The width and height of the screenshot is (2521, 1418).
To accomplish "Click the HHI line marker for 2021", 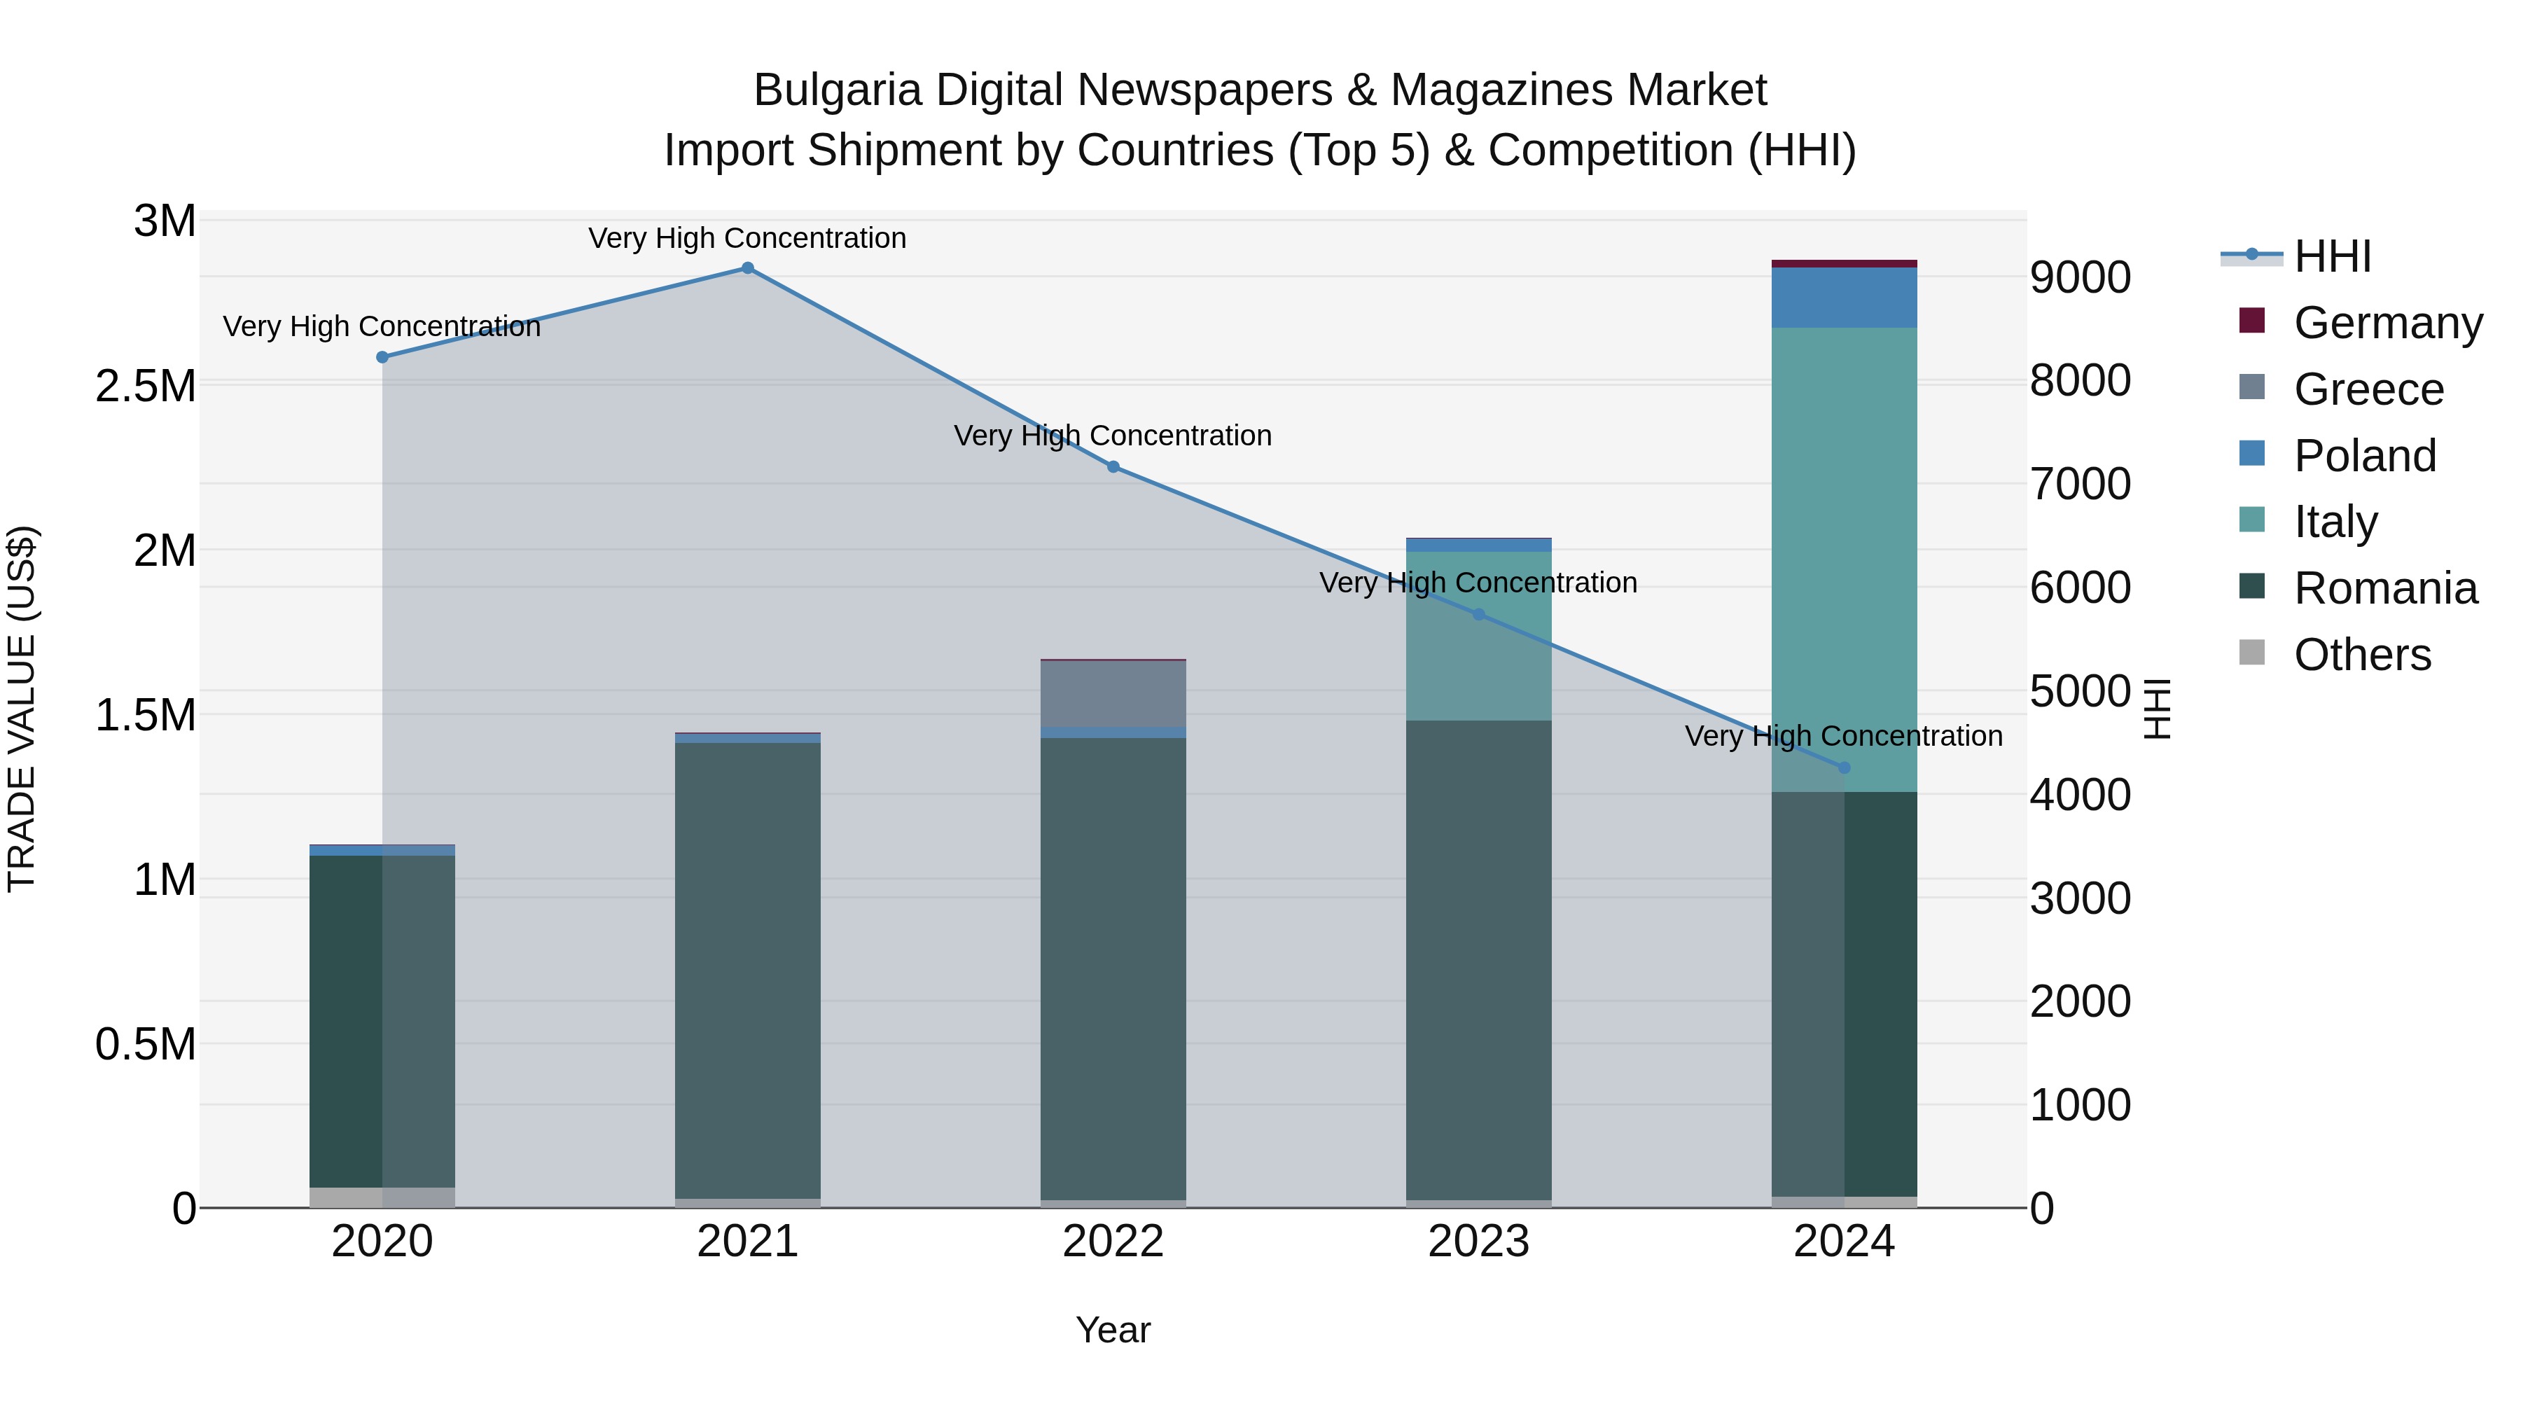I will pyautogui.click(x=748, y=268).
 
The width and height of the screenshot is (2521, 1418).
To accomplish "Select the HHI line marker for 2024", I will pyautogui.click(x=1844, y=768).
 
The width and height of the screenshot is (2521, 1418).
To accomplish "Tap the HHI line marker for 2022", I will pyautogui.click(x=1113, y=467).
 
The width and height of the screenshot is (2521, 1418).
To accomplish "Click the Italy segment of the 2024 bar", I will pyautogui.click(x=1844, y=559).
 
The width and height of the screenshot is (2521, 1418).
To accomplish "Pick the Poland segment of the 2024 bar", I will pyautogui.click(x=1844, y=298).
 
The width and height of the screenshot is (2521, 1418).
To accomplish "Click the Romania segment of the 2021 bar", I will pyautogui.click(x=748, y=970).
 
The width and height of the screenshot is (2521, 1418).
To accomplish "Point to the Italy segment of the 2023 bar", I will pyautogui.click(x=1479, y=636).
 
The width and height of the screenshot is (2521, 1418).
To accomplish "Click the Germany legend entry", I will pyautogui.click(x=2387, y=323).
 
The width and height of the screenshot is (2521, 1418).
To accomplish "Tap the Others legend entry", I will pyautogui.click(x=2361, y=655).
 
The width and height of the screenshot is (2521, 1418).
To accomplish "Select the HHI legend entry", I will pyautogui.click(x=2331, y=256).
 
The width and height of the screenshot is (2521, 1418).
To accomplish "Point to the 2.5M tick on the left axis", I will pyautogui.click(x=146, y=387).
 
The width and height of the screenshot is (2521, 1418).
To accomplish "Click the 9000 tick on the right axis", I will pyautogui.click(x=2081, y=278).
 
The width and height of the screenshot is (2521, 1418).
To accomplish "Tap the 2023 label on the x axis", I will pyautogui.click(x=1479, y=1242).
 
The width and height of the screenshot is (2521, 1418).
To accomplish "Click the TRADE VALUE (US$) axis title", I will pyautogui.click(x=22, y=709).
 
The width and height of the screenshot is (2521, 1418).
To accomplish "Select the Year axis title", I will pyautogui.click(x=1113, y=1330).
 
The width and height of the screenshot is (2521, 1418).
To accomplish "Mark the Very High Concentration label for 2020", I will pyautogui.click(x=382, y=327).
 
